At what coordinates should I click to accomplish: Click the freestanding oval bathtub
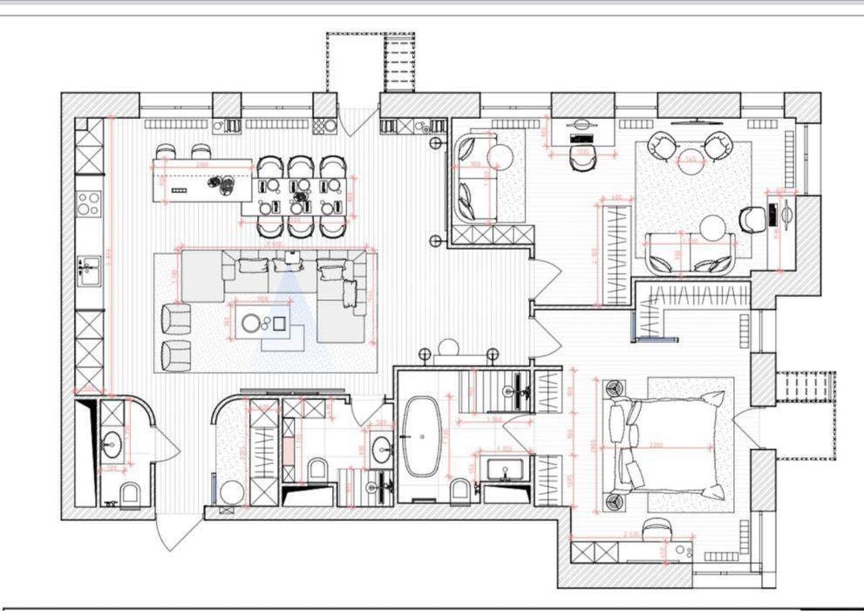coord(420,437)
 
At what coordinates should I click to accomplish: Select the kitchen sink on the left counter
coord(88,271)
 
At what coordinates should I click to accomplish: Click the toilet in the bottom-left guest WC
coord(130,494)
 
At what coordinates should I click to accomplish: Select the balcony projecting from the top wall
coord(371,62)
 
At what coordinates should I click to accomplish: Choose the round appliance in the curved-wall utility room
coord(232,494)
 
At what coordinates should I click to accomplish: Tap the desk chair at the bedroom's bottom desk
coord(656,530)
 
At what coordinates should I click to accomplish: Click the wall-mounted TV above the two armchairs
coord(690,123)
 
